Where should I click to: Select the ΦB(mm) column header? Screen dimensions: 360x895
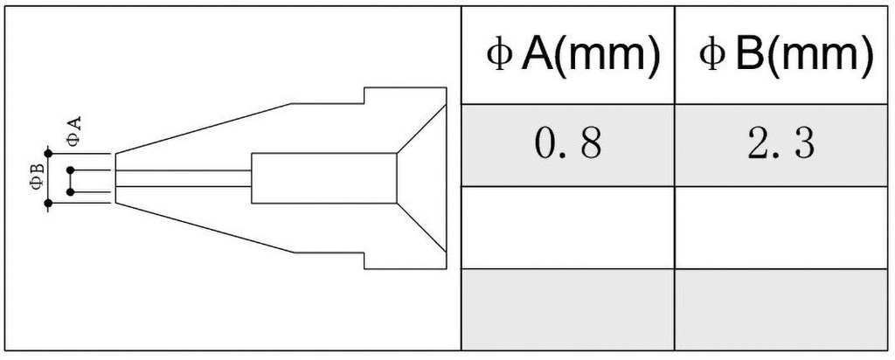784,56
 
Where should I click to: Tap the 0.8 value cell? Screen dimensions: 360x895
568,145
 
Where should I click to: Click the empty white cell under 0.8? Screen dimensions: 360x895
568,227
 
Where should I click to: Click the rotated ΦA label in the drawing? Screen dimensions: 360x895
75,131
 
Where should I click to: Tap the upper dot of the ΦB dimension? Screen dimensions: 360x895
48,154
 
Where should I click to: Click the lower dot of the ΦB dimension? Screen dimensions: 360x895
48,204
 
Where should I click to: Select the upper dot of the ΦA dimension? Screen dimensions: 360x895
70,170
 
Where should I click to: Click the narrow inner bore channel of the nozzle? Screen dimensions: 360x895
184,178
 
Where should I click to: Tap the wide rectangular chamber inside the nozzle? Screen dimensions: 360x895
323,178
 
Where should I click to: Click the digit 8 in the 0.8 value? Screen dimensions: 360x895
589,145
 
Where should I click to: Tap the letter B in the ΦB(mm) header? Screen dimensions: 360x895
749,56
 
